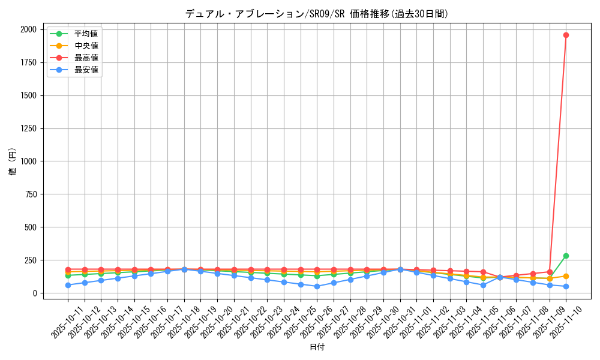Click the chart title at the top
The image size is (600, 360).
(x=316, y=14)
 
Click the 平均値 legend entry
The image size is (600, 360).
(x=86, y=34)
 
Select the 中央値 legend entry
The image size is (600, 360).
(x=86, y=46)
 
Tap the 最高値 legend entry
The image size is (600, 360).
(x=86, y=58)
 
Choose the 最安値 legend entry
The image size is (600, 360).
(x=86, y=70)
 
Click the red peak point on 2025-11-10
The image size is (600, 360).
(x=566, y=35)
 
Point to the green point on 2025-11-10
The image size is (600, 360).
(x=566, y=256)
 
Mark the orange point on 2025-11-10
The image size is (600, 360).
(x=566, y=276)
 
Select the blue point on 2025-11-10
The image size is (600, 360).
(x=566, y=286)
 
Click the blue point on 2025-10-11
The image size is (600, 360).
(x=68, y=285)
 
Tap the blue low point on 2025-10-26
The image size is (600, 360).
(x=317, y=286)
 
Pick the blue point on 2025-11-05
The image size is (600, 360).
(x=483, y=285)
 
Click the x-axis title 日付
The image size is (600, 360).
(x=317, y=347)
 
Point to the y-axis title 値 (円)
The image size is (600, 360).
(x=12, y=161)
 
